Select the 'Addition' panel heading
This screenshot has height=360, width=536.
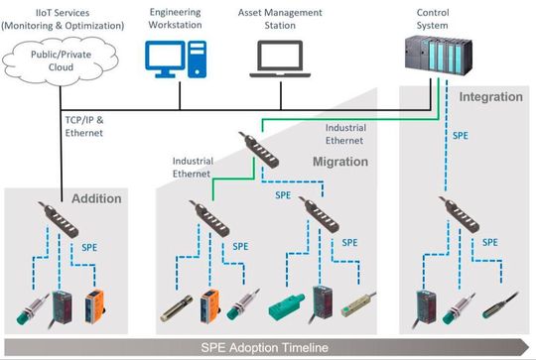click(x=96, y=198)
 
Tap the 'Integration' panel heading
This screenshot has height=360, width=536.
click(x=490, y=97)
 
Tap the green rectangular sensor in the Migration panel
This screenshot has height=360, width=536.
click(x=288, y=301)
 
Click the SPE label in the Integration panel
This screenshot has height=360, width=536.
click(x=461, y=135)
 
